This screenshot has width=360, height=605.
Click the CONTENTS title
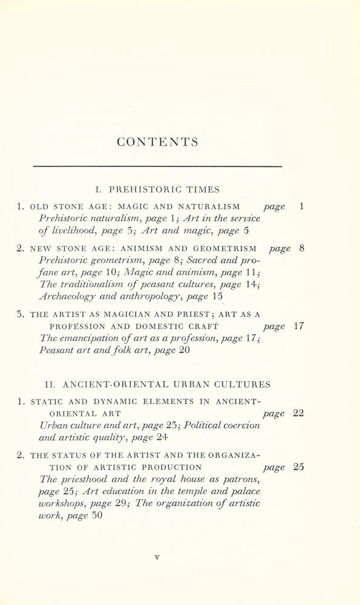pos(158,142)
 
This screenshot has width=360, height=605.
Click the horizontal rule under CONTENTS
pos(157,166)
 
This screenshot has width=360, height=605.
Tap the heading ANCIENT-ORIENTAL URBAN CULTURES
pos(157,384)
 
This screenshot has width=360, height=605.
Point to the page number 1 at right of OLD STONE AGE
pos(301,206)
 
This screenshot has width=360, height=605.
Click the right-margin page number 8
pos(301,248)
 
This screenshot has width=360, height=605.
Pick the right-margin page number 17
pos(298,326)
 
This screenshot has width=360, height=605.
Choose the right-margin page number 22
pos(298,413)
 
